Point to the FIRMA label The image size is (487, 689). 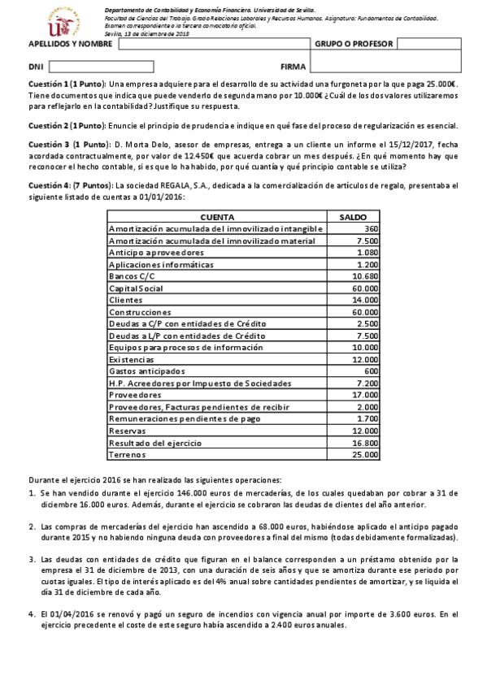click(x=293, y=67)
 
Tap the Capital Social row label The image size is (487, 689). click(x=136, y=288)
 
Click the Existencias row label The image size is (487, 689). click(x=131, y=360)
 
